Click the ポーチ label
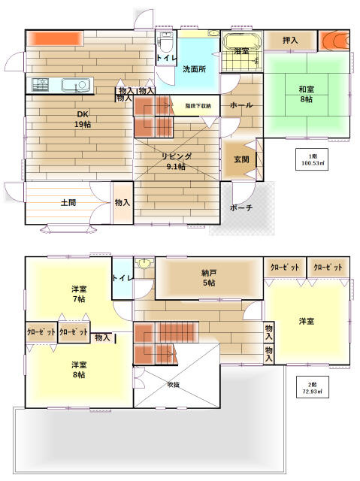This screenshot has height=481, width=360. (241, 208)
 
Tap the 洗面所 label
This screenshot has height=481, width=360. (194, 69)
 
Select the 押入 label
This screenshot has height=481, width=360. (290, 41)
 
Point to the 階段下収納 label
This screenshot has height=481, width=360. (198, 106)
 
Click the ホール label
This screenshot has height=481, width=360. (241, 106)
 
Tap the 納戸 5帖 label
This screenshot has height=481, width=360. (208, 278)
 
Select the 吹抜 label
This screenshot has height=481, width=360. (174, 384)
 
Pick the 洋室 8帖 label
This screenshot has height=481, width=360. (79, 371)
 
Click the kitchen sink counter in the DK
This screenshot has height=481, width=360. (61, 85)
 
